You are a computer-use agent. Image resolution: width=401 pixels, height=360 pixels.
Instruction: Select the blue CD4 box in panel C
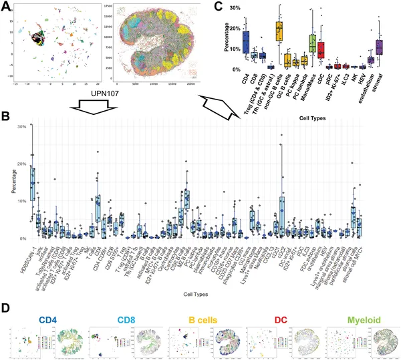click(x=245, y=42)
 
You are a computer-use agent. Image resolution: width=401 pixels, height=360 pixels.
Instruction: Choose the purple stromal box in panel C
click(x=379, y=47)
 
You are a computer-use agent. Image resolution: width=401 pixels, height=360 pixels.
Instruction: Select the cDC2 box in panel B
click(x=282, y=212)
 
